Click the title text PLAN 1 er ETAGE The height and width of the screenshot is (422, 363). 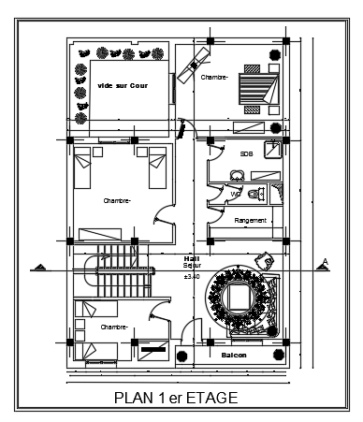[176, 397]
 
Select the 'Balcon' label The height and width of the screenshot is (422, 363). [234, 357]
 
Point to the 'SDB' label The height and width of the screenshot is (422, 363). [246, 154]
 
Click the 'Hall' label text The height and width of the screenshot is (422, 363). [193, 259]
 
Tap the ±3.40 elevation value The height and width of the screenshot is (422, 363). [193, 277]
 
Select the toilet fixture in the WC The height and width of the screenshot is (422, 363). [255, 194]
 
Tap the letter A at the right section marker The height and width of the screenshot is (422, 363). [324, 261]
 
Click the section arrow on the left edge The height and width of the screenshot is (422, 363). [40, 268]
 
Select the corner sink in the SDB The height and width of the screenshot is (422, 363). [272, 150]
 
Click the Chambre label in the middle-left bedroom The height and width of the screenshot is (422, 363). [117, 200]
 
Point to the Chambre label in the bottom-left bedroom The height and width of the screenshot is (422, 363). [114, 327]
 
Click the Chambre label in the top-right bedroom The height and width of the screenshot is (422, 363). [214, 78]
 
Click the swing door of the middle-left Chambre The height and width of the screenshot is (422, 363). [164, 217]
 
